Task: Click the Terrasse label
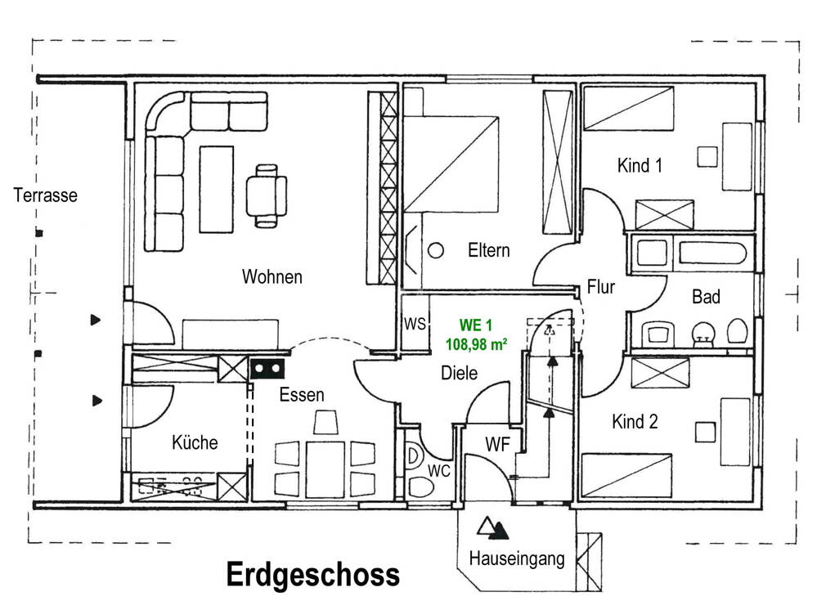(x=45, y=195)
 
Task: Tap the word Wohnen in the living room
(x=272, y=277)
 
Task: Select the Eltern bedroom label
(x=489, y=250)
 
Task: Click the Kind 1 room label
(x=640, y=166)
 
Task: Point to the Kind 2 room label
(x=635, y=422)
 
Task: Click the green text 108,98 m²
(x=476, y=345)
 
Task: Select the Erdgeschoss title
(x=312, y=575)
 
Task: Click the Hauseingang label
(x=517, y=559)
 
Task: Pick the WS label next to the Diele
(x=415, y=324)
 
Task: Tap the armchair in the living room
(x=267, y=195)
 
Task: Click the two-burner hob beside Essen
(x=269, y=369)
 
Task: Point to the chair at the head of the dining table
(x=325, y=422)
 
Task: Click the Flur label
(x=600, y=287)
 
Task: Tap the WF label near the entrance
(x=498, y=445)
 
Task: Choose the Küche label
(x=195, y=442)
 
